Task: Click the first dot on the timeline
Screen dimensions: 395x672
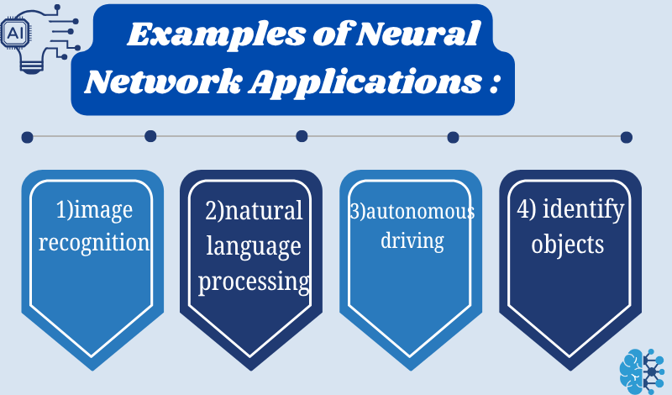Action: point(27,136)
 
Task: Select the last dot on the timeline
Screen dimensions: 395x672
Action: point(626,137)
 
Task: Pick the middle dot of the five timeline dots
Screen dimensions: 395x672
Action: point(302,136)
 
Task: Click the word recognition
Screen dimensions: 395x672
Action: point(94,244)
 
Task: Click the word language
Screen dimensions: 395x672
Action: point(254,246)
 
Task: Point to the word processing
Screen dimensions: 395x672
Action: point(254,282)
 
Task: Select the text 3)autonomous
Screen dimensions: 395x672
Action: point(412,211)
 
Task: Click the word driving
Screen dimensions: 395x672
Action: point(412,241)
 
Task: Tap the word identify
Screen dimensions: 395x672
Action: point(588,210)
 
